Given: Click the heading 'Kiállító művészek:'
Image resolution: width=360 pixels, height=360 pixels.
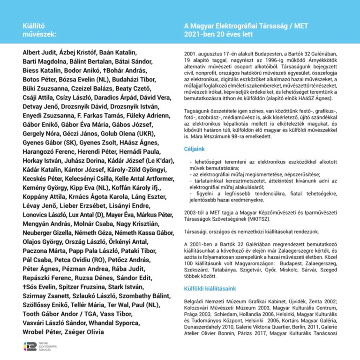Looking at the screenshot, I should click(x=40, y=30).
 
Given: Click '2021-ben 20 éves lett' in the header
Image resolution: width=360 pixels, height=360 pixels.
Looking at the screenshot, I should click(x=218, y=34).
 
